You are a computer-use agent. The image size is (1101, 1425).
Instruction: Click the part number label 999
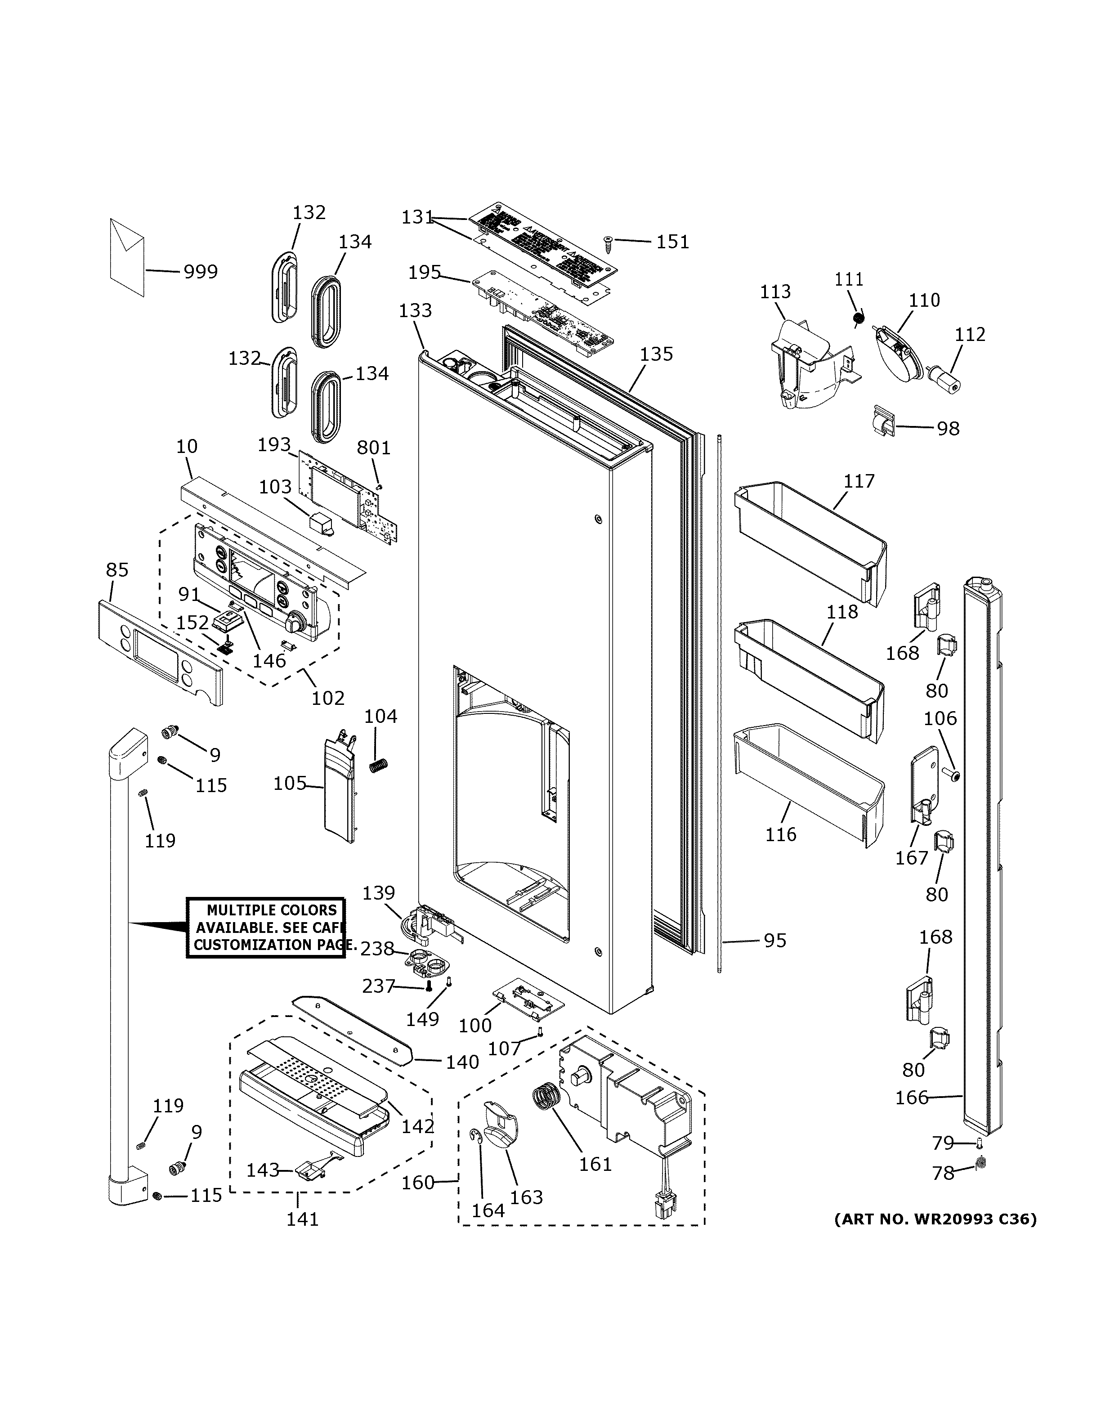(x=200, y=271)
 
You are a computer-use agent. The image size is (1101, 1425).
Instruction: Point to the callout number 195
(x=425, y=272)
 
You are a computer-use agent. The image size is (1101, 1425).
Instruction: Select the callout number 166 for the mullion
(x=911, y=1098)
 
